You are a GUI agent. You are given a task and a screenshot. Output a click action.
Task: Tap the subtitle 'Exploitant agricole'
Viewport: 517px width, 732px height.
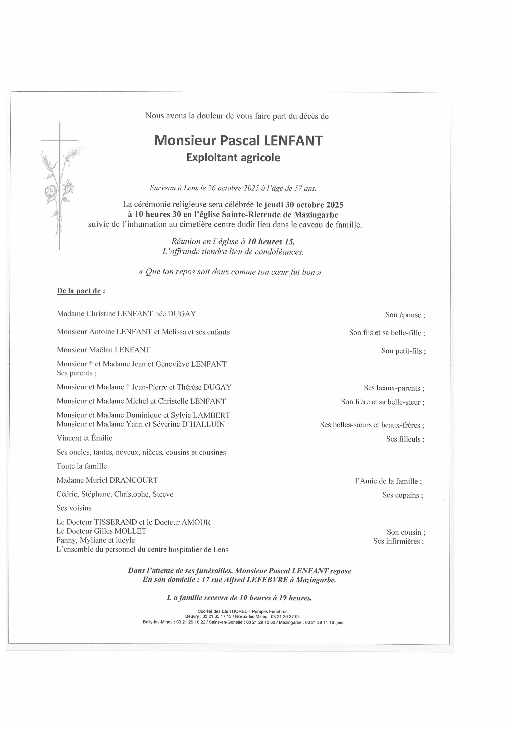click(x=233, y=158)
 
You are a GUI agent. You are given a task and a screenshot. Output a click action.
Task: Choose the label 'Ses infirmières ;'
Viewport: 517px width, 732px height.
click(x=399, y=541)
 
